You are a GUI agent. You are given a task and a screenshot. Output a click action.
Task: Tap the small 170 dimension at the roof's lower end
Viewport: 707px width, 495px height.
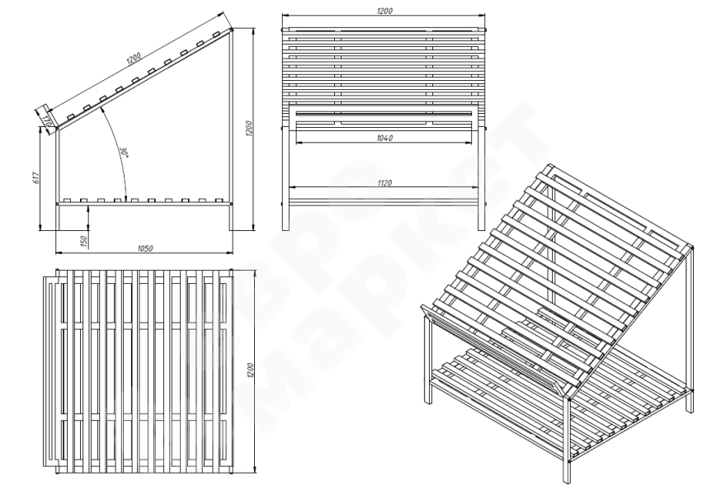pyautogui.click(x=49, y=121)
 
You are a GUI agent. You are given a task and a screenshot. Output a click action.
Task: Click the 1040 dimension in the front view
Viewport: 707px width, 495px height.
pyautogui.click(x=383, y=138)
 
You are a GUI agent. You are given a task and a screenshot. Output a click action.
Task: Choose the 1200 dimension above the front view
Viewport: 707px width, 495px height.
pyautogui.click(x=383, y=11)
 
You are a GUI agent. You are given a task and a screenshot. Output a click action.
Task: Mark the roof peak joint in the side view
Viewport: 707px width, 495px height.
pyautogui.click(x=231, y=30)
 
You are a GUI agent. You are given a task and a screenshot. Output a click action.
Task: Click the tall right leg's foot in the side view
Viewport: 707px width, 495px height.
pyautogui.click(x=232, y=229)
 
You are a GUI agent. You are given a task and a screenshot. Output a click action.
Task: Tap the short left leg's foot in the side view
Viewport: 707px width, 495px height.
pyautogui.click(x=59, y=229)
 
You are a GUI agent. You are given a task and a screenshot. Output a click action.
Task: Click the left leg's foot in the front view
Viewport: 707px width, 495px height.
pyautogui.click(x=286, y=229)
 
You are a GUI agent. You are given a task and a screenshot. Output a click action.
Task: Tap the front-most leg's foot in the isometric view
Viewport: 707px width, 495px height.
pyautogui.click(x=566, y=482)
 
